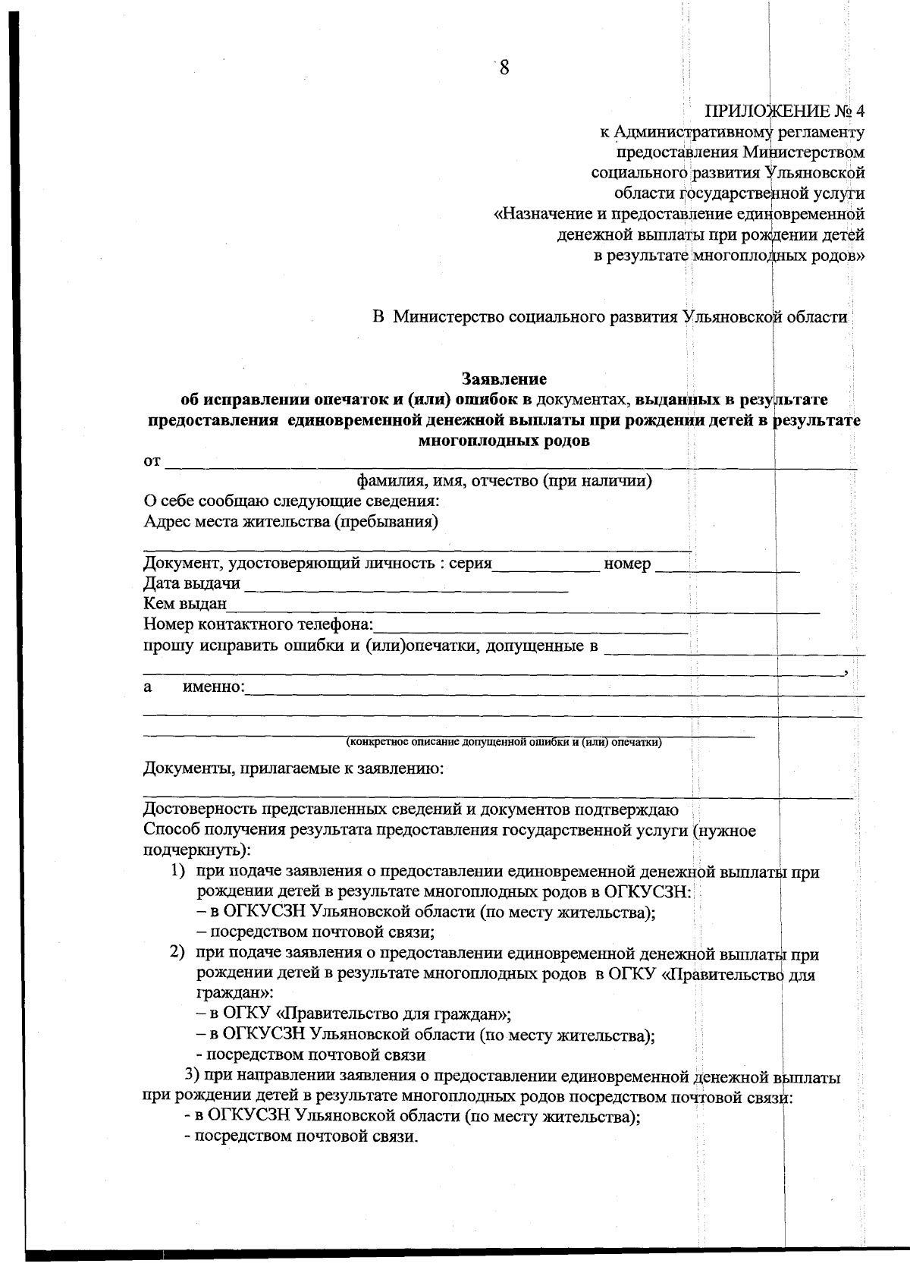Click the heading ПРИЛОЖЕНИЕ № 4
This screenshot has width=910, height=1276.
coord(784,112)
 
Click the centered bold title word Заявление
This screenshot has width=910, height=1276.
coord(504,378)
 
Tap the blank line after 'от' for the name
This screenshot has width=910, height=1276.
coord(508,463)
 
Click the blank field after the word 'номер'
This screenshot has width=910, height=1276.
coord(726,565)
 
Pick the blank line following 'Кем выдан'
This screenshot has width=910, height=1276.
coord(523,605)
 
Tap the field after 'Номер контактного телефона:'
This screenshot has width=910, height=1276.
coord(531,627)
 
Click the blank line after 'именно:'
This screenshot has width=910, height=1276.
coord(554,689)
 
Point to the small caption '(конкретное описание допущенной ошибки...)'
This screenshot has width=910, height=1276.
coord(504,742)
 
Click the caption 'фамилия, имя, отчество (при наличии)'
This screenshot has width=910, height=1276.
coord(504,481)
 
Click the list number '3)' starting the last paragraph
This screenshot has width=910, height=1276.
coord(194,1076)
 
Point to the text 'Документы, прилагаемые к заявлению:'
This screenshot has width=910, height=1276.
coord(293,769)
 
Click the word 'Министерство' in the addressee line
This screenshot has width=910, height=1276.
coord(449,317)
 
